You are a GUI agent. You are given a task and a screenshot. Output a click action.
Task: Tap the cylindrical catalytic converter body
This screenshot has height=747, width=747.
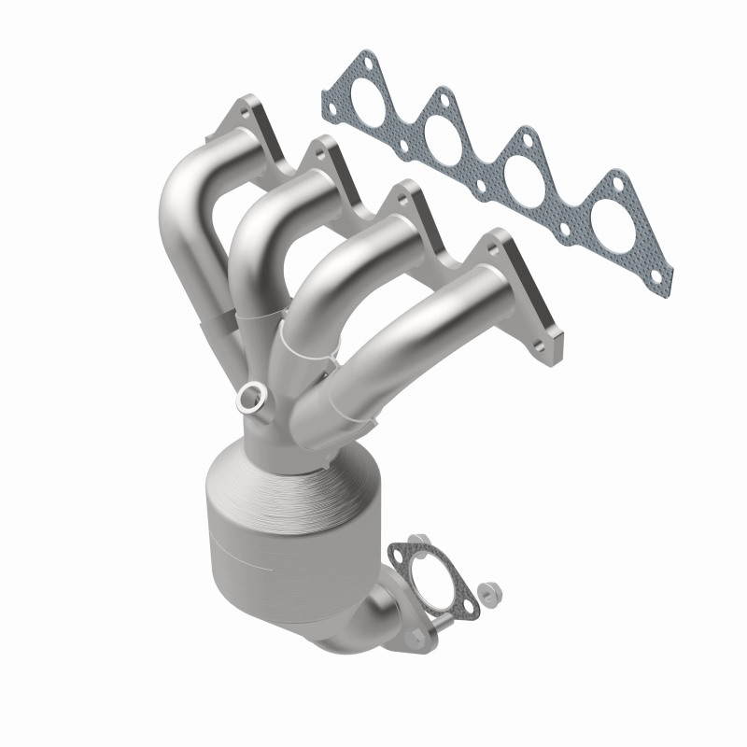pyautogui.click(x=271, y=523)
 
